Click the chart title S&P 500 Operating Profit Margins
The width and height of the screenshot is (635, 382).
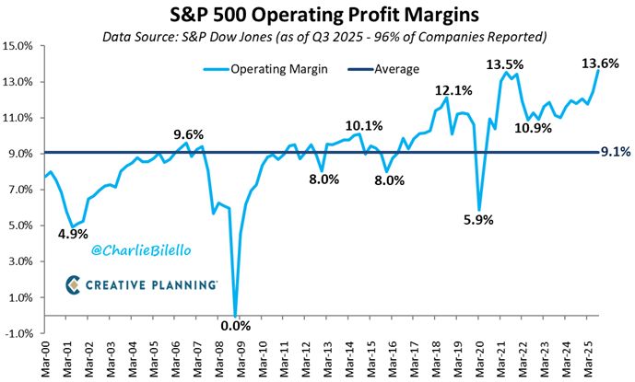pyautogui.click(x=317, y=16)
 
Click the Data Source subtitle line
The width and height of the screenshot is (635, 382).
pyautogui.click(x=317, y=37)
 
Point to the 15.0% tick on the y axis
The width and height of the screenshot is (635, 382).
pyautogui.click(x=19, y=45)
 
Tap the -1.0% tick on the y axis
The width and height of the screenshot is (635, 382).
pyautogui.click(x=19, y=333)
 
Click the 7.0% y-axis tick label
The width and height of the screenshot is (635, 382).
pyautogui.click(x=21, y=190)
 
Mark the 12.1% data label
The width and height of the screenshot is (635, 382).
pyautogui.click(x=454, y=90)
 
